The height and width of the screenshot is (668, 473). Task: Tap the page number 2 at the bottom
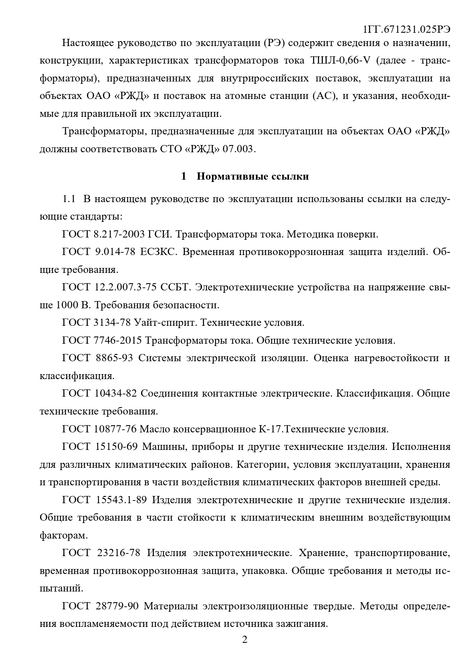coord(245,639)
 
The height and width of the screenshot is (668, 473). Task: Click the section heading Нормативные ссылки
coord(253,177)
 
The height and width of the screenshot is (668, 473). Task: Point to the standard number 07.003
coord(238,149)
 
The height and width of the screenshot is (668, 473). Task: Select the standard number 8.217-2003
coord(119,234)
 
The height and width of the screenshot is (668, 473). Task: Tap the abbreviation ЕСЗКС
coord(157,252)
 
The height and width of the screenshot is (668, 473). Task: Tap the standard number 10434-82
coord(115,393)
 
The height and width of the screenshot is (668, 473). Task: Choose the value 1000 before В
coord(68,305)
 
